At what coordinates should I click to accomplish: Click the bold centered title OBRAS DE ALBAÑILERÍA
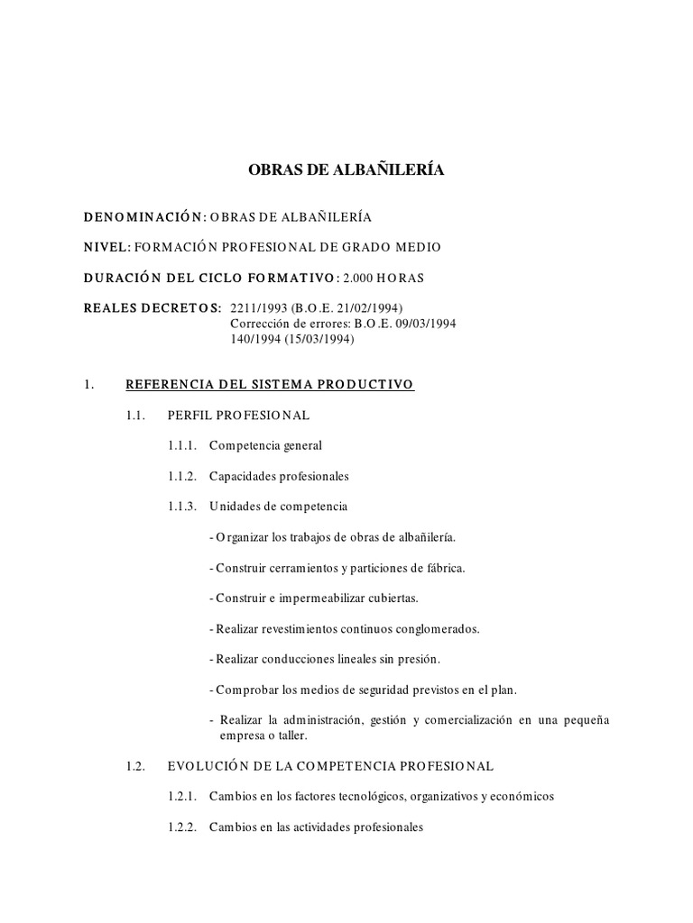point(346,169)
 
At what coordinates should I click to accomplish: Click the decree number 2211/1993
point(258,306)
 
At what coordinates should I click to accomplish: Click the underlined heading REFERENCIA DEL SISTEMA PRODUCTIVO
point(269,385)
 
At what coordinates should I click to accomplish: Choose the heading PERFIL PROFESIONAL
point(238,416)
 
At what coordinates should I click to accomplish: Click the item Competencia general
point(265,445)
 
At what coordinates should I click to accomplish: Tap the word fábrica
point(445,568)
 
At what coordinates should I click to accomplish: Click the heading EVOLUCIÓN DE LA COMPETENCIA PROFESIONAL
point(330,766)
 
